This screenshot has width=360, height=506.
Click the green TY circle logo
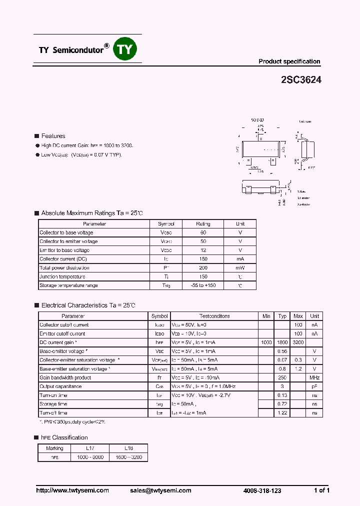(126, 49)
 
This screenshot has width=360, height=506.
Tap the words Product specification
(289, 61)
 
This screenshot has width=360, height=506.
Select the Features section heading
(53, 136)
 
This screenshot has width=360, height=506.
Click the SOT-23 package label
(258, 121)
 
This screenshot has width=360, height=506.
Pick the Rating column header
(203, 224)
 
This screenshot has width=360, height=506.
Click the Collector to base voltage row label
(66, 232)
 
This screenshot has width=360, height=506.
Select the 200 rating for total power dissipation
(203, 267)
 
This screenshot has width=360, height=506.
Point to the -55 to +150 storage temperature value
(203, 285)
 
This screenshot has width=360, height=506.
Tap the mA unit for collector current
(240, 259)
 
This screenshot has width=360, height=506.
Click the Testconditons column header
(214, 316)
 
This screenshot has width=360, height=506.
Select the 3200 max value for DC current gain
(298, 342)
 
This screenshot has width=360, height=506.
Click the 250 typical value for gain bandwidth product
(282, 377)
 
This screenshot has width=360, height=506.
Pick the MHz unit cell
(314, 377)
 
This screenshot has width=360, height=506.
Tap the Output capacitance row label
(60, 386)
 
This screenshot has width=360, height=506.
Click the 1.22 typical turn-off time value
(282, 413)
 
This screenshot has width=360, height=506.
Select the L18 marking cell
(128, 448)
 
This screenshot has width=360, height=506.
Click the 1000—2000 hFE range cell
(90, 457)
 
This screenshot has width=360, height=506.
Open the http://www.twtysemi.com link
(72, 490)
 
